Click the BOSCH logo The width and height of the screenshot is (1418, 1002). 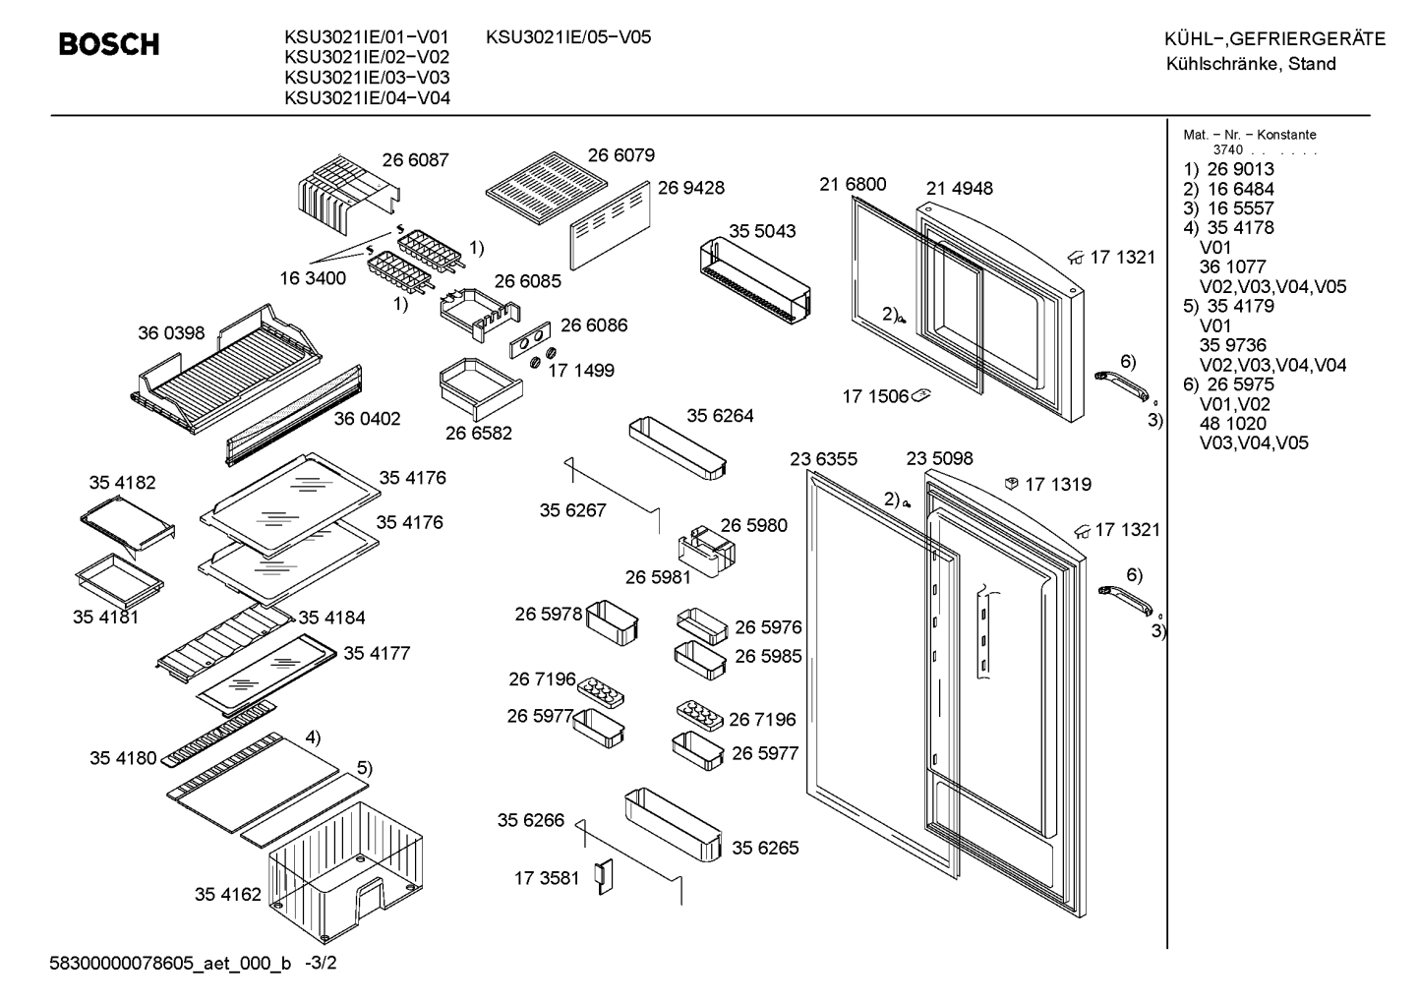[x=109, y=44]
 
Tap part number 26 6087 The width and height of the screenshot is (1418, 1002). [x=415, y=160]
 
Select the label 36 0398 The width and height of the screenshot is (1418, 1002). [x=171, y=333]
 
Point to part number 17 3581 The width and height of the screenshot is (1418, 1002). [x=547, y=878]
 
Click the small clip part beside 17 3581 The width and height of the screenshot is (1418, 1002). [x=606, y=877]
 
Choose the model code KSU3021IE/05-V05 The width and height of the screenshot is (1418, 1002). [x=568, y=37]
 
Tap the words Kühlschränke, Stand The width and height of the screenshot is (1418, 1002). [x=1251, y=64]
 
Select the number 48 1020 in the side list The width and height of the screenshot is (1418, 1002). [x=1232, y=424]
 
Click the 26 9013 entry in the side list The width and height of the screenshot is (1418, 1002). [x=1240, y=169]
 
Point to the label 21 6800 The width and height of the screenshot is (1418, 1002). [x=853, y=184]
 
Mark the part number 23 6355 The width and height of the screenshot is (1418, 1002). [x=824, y=459]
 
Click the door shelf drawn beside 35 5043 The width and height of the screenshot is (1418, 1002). [x=755, y=280]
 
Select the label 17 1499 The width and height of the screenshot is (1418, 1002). [x=581, y=371]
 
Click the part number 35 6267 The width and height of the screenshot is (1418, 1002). [x=573, y=510]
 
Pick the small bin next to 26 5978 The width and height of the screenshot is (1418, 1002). [x=613, y=622]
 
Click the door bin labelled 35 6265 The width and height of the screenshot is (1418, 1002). [x=674, y=825]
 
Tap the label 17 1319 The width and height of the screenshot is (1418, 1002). [x=1058, y=484]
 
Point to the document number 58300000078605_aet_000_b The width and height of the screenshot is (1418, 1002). [x=170, y=964]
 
